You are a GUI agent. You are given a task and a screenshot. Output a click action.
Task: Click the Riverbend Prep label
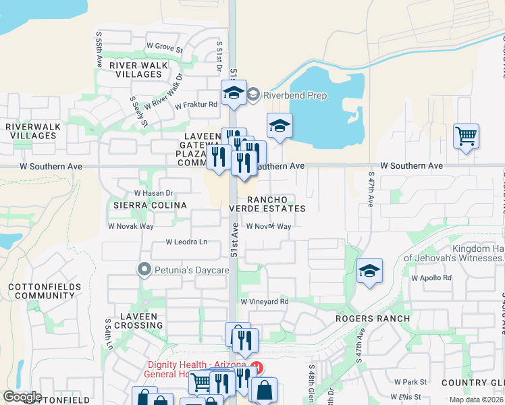pos(295,95)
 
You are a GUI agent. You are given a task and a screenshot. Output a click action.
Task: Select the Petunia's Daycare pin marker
pos(144,270)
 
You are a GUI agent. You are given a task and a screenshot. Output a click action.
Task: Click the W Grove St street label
pos(165,49)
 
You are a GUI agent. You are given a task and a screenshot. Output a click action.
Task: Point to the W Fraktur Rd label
pos(196,105)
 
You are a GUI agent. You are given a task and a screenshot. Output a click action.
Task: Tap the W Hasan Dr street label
pos(154,192)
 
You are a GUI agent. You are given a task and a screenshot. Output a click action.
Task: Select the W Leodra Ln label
pos(186,242)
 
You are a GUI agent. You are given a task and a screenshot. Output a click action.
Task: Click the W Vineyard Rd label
pos(265,302)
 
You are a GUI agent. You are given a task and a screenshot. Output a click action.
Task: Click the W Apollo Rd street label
pos(431,277)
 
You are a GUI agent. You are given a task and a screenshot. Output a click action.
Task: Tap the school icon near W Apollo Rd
pos(369,271)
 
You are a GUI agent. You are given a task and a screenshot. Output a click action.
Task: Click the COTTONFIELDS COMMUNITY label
pos(45,292)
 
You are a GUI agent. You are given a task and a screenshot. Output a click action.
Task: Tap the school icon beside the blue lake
pos(280,126)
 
